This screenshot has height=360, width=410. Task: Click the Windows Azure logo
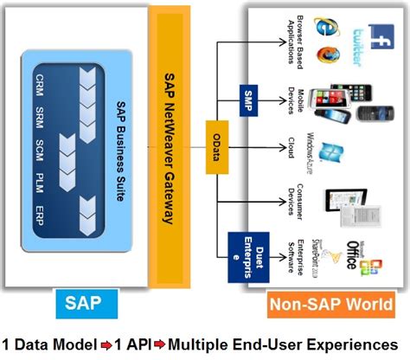pos(330,152)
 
